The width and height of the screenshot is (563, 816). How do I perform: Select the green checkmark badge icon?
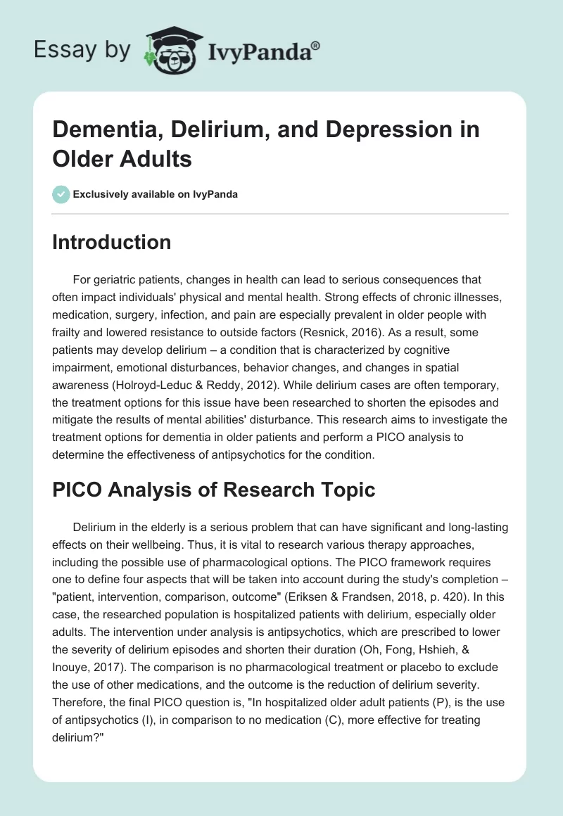pos(61,194)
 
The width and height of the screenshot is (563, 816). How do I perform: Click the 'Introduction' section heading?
pos(112,242)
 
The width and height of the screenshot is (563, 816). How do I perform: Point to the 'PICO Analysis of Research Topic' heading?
pos(214,491)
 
